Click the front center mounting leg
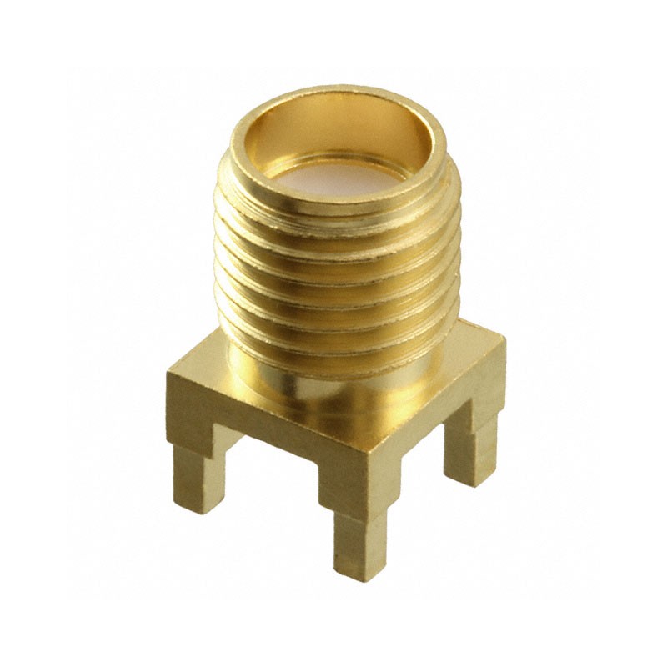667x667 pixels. [x=360, y=534]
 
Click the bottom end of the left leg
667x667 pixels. [x=198, y=504]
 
